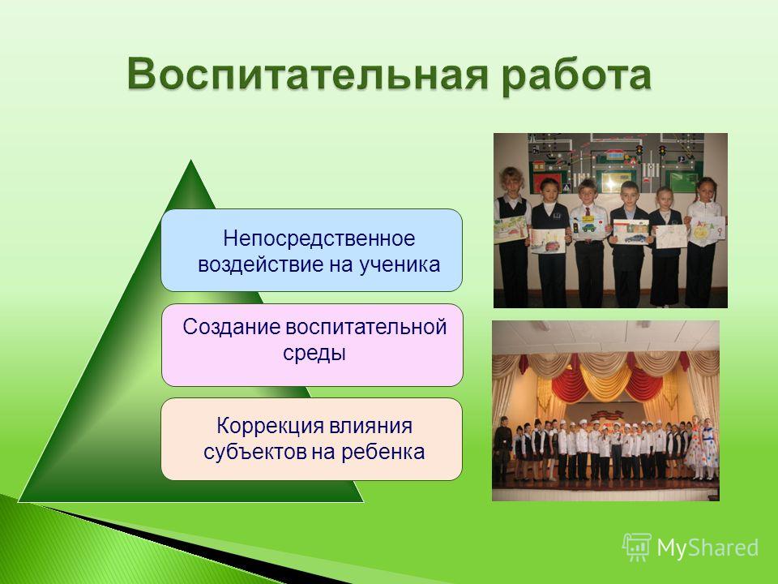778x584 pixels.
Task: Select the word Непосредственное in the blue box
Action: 319,238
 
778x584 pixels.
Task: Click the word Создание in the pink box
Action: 231,327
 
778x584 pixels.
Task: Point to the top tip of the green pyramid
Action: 191,160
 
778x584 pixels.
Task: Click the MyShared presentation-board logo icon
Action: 637,547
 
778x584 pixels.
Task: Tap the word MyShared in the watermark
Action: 707,547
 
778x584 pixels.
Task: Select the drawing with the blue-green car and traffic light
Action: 588,226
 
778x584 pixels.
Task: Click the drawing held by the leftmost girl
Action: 510,229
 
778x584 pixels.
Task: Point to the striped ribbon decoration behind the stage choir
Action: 607,416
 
